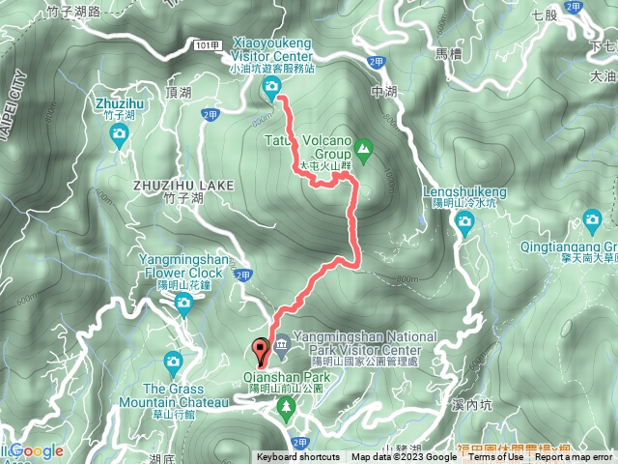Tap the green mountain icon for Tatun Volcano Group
click(x=363, y=149)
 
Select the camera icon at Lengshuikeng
click(x=464, y=224)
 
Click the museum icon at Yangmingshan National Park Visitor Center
click(x=281, y=345)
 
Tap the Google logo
click(x=37, y=450)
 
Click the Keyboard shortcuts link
click(x=298, y=457)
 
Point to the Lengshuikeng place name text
click(x=464, y=191)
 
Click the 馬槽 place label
click(x=449, y=54)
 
